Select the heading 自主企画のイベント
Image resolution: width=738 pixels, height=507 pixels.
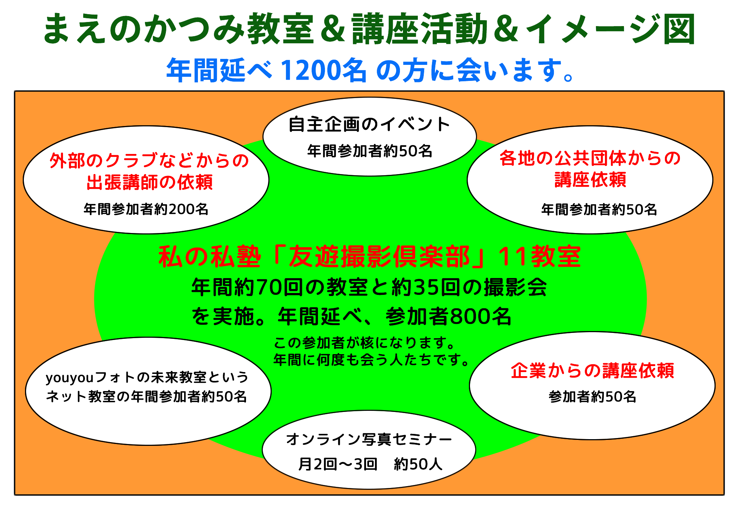point(369,124)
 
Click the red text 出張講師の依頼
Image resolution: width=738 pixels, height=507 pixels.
point(149,182)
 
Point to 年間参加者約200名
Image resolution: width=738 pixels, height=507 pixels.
point(146,209)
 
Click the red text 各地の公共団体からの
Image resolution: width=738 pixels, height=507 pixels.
point(590,158)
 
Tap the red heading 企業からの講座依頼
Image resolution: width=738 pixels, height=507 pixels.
point(592,371)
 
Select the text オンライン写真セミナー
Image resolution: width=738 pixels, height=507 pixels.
point(369,439)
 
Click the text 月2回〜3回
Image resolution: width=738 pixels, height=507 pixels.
point(338,464)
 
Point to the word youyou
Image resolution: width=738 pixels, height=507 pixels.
point(70,378)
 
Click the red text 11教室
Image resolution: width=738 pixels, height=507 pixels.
point(539,256)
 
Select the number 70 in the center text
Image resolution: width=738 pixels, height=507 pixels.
point(269,288)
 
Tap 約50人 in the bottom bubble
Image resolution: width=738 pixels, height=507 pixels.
point(418,464)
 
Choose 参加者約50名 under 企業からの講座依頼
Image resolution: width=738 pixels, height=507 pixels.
point(592,397)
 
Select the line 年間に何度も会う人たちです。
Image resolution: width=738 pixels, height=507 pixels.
point(372,360)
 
